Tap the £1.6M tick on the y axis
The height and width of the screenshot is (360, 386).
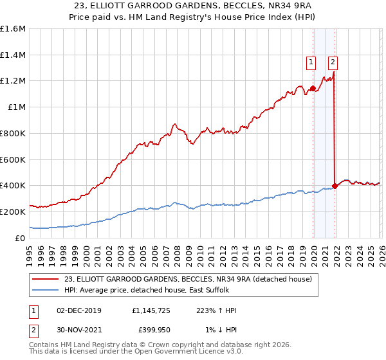pyautogui.click(x=13, y=29)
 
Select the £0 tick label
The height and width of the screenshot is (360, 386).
pyautogui.click(x=21, y=237)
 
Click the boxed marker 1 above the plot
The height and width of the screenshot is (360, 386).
pyautogui.click(x=311, y=62)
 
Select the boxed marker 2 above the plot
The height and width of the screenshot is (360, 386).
pyautogui.click(x=333, y=62)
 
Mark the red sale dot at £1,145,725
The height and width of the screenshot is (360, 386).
pyautogui.click(x=313, y=88)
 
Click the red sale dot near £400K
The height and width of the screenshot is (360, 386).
pyautogui.click(x=335, y=186)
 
